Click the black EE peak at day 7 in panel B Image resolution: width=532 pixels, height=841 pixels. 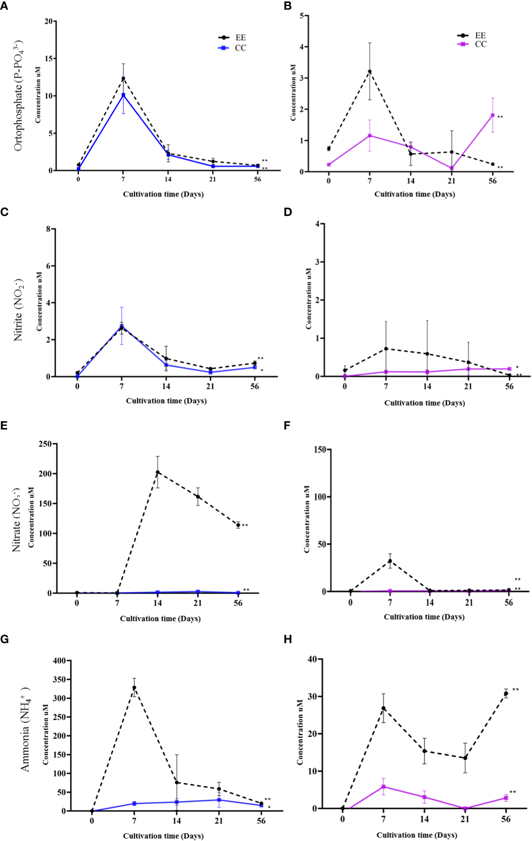369,72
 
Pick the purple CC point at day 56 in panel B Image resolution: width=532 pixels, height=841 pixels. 492,115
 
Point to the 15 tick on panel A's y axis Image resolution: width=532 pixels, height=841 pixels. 49,59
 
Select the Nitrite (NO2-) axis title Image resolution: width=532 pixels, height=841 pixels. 18,310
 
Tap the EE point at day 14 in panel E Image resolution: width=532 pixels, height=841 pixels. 157,473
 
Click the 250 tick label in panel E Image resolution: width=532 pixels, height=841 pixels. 45,444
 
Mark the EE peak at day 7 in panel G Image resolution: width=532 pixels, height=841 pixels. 134,688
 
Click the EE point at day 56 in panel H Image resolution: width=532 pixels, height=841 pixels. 506,694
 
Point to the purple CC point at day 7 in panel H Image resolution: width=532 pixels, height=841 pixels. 383,787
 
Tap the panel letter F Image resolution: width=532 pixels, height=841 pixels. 287,426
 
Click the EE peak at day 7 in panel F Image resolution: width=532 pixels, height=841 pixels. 390,561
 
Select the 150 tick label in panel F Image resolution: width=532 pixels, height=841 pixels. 320,450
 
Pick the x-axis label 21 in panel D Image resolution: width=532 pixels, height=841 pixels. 468,386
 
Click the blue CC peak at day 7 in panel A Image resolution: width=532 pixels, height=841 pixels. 123,95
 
